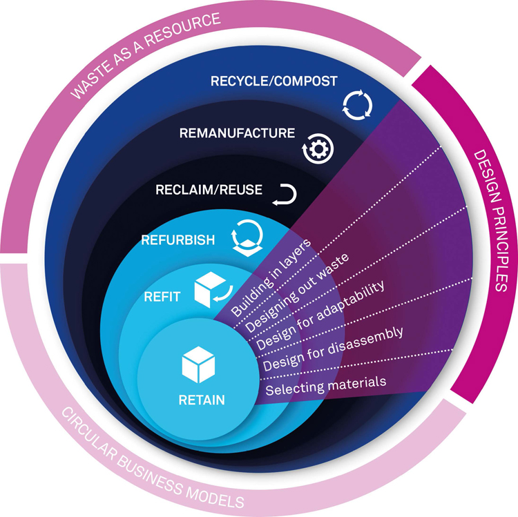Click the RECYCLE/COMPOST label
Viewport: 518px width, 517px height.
[x=274, y=81]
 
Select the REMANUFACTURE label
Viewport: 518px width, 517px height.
[x=237, y=133]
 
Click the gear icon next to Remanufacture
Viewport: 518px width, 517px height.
[x=318, y=149]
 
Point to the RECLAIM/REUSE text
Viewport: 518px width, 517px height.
[x=209, y=190]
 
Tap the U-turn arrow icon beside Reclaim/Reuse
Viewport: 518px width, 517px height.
[x=285, y=195]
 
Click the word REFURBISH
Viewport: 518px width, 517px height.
[x=178, y=240]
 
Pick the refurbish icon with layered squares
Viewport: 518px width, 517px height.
[x=247, y=237]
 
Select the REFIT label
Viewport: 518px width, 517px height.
[x=162, y=297]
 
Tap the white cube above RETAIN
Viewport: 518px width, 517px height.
[x=198, y=364]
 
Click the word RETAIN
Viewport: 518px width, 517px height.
[x=202, y=400]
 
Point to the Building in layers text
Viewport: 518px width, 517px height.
[x=271, y=277]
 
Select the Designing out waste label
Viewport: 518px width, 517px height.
[x=297, y=293]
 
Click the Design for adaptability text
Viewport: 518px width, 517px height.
[x=320, y=315]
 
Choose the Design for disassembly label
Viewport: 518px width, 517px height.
[x=333, y=349]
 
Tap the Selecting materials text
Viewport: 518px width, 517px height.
[x=326, y=386]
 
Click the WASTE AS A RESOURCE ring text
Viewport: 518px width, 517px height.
[x=145, y=55]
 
